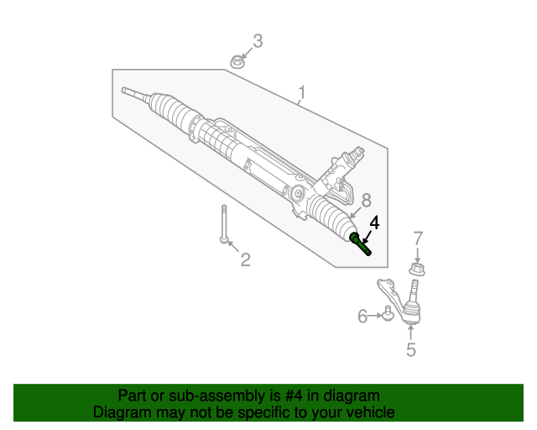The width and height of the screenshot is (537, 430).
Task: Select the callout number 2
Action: [x=245, y=260]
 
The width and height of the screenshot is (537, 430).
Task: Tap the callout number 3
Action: [x=258, y=40]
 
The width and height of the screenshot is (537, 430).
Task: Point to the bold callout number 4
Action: [x=374, y=223]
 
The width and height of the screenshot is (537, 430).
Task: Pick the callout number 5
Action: [x=410, y=350]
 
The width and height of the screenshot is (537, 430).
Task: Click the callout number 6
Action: [x=363, y=317]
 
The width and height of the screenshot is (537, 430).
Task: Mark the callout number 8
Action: [x=366, y=201]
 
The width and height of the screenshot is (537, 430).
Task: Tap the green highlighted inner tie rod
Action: [x=361, y=244]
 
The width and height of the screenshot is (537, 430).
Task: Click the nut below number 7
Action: [x=417, y=269]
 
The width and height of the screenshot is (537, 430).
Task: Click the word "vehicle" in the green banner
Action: [x=367, y=413]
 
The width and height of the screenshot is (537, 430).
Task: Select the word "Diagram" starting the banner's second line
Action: [x=121, y=413]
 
